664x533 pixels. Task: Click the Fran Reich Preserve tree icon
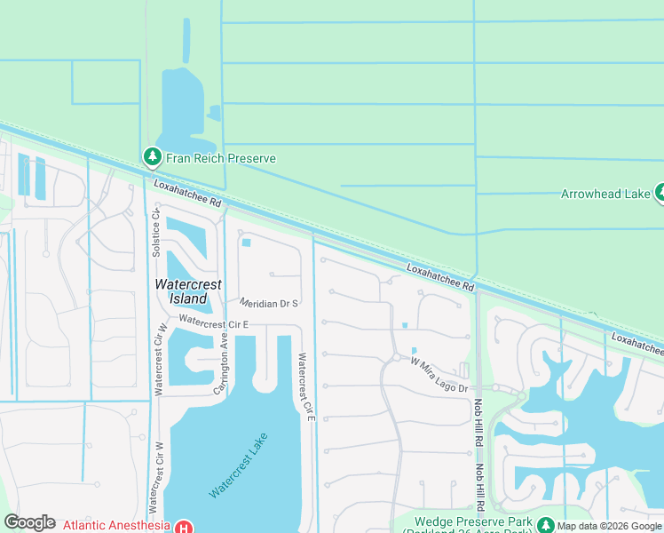(152, 158)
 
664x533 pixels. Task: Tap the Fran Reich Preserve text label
(219, 158)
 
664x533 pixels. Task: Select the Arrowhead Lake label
(605, 194)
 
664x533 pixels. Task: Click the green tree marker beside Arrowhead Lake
(660, 192)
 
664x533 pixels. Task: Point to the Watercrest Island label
(182, 291)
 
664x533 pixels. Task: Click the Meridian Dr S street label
(267, 304)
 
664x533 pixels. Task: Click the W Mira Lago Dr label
(439, 374)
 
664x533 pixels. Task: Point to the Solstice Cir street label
(156, 232)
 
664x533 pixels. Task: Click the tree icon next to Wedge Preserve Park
(545, 524)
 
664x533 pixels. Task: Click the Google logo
(29, 522)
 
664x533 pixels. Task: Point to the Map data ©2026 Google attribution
(609, 527)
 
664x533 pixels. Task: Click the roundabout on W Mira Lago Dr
(394, 358)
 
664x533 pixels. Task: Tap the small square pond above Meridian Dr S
(247, 243)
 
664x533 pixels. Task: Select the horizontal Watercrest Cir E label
(213, 322)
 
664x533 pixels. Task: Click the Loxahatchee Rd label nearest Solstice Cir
(186, 195)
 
